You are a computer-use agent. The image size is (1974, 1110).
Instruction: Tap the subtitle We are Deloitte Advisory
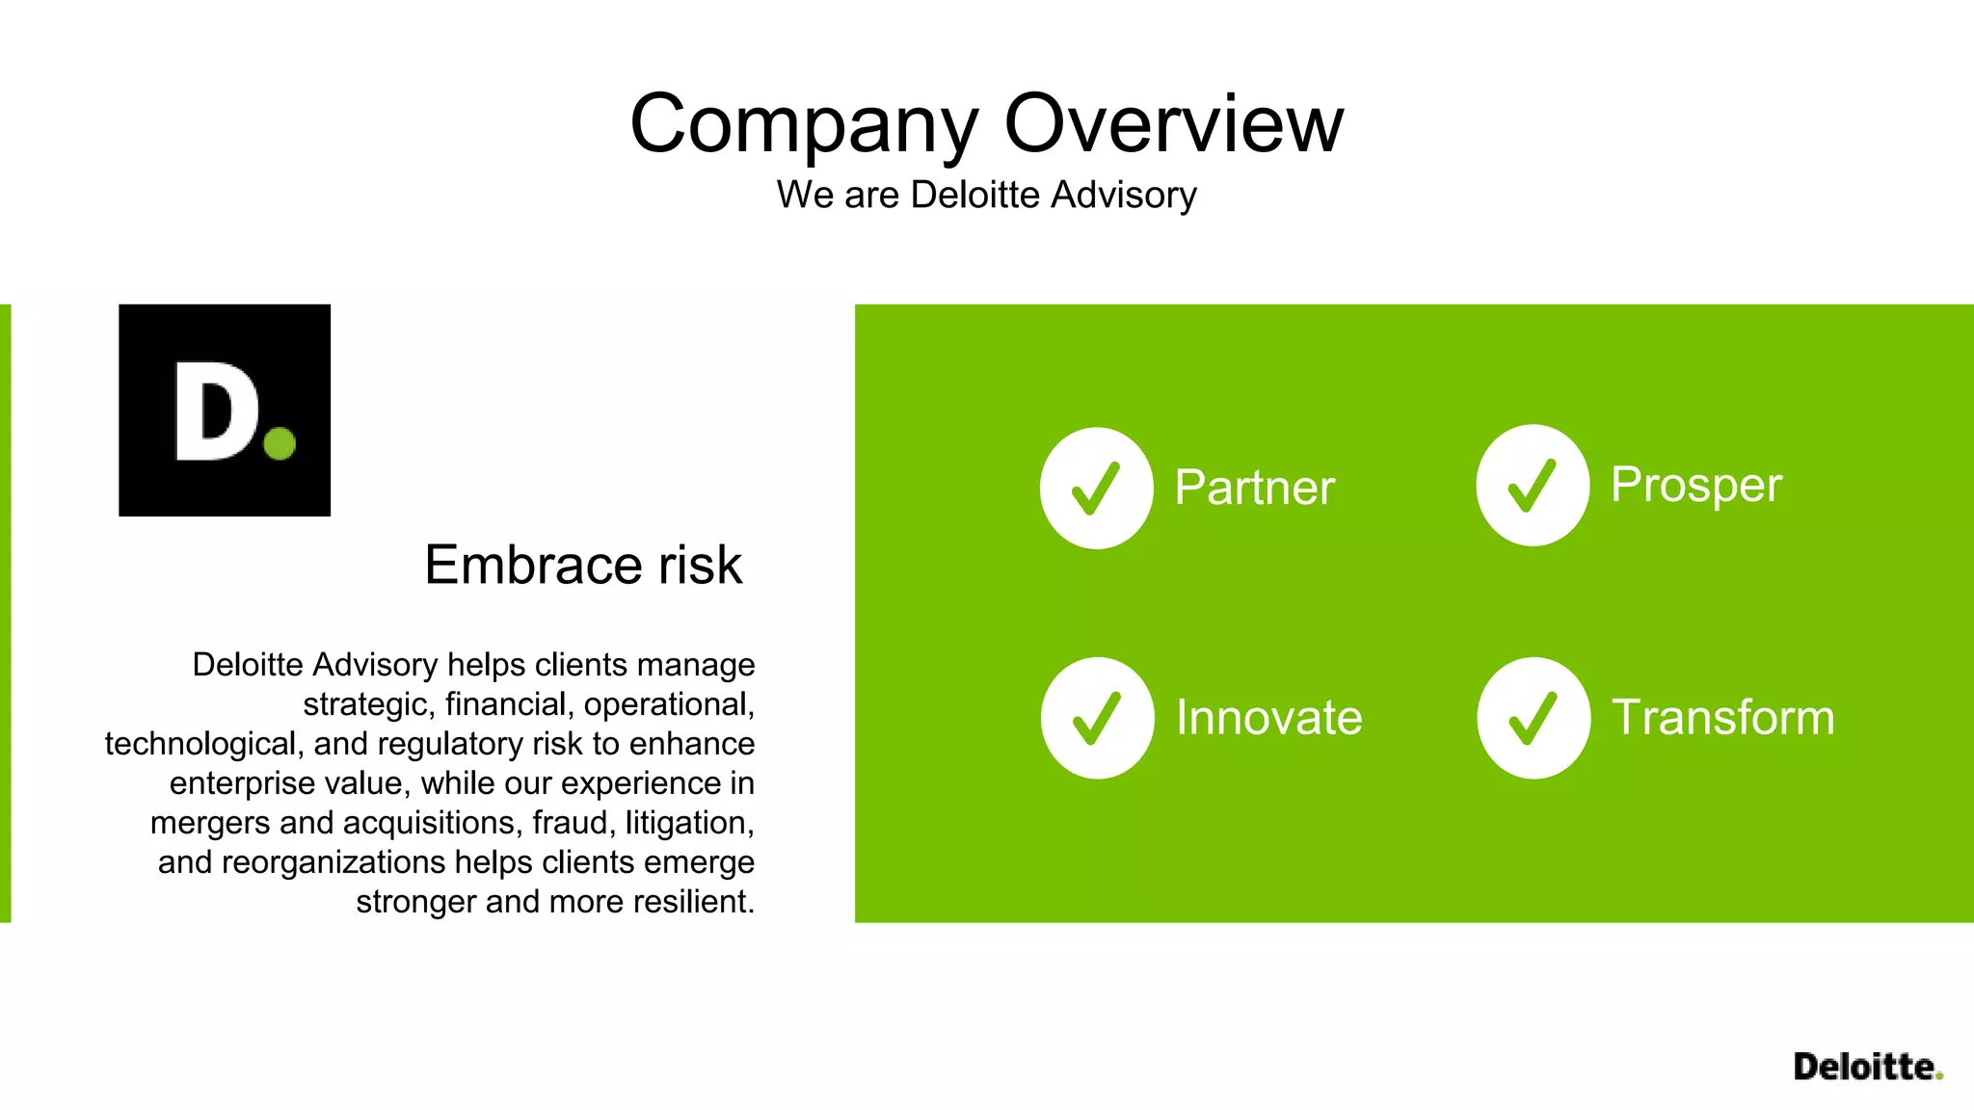tap(986, 195)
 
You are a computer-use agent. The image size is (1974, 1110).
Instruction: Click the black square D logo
tap(224, 410)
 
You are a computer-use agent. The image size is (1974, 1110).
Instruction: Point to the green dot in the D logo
tap(280, 444)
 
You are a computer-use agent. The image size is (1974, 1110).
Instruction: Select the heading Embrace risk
tap(583, 565)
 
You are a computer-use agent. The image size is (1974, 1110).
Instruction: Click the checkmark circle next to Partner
tap(1096, 488)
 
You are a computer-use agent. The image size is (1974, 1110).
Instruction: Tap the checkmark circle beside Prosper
tap(1532, 485)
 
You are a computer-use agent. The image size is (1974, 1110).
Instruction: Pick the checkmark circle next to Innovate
tap(1097, 718)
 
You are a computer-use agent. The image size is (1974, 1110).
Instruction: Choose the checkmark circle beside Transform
tap(1533, 718)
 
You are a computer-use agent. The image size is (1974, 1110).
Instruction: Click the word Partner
tap(1254, 488)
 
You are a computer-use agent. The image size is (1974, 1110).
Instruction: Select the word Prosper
tap(1695, 485)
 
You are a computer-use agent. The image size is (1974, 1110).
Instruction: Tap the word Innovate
tap(1268, 718)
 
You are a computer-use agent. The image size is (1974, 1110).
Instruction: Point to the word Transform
tap(1722, 718)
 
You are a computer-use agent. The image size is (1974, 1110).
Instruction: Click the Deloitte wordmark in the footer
tap(1866, 1067)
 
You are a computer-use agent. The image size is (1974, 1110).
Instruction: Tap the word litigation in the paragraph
tap(688, 823)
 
